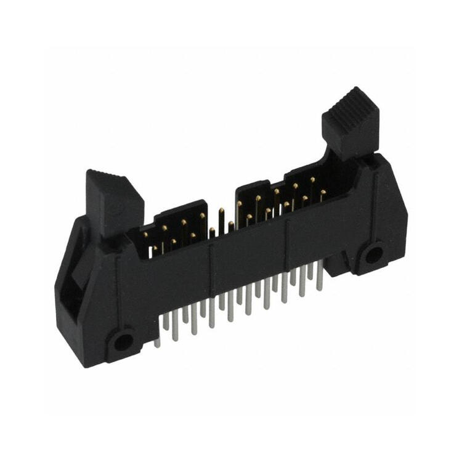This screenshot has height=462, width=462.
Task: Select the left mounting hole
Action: click(x=123, y=341)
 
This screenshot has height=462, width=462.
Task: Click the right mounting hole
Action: click(x=373, y=254)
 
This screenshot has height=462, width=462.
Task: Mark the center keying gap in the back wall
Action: click(x=221, y=209)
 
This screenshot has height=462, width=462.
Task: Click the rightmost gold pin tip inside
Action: click(x=323, y=192)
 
